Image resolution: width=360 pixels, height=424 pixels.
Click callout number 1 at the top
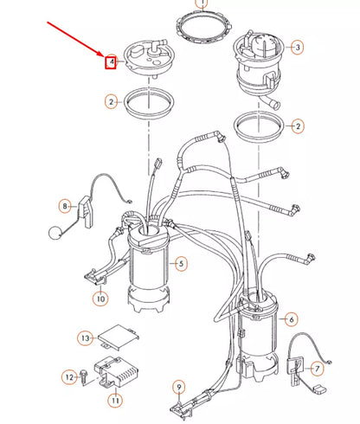pyautogui.click(x=202, y=3)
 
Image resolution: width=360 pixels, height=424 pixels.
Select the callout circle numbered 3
pyautogui.click(x=297, y=47)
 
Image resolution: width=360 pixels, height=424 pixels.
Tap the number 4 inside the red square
pyautogui.click(x=111, y=61)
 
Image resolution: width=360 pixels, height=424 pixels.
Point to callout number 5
pyautogui.click(x=181, y=262)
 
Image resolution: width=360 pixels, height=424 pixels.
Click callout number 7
pyautogui.click(x=317, y=369)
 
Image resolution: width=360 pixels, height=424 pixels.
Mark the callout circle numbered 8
pyautogui.click(x=64, y=206)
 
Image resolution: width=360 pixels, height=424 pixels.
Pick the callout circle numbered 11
pyautogui.click(x=113, y=402)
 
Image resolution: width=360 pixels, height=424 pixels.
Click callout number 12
pyautogui.click(x=68, y=377)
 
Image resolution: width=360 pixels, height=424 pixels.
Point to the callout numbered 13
pyautogui.click(x=85, y=337)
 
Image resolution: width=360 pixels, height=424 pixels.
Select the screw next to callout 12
pyautogui.click(x=84, y=378)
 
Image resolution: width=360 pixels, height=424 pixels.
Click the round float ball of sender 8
pyautogui.click(x=55, y=230)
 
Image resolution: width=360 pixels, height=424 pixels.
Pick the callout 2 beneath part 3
pyautogui.click(x=299, y=126)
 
